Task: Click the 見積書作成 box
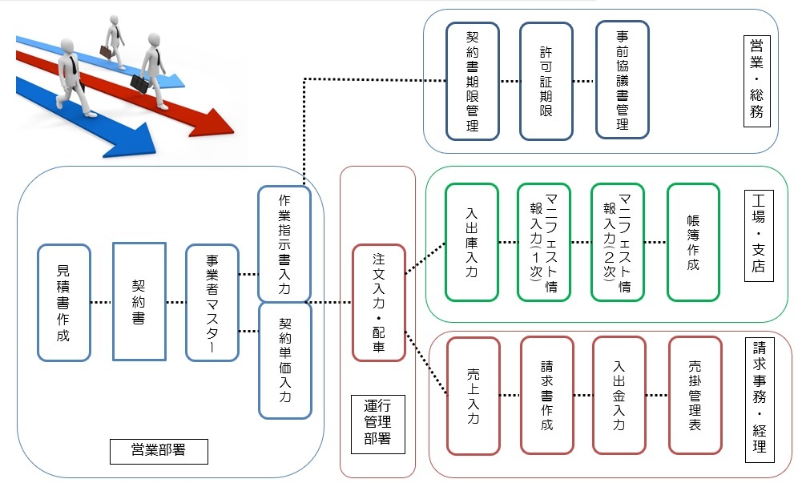[x=63, y=302]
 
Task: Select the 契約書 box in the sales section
[x=139, y=302]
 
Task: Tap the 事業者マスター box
[x=212, y=302]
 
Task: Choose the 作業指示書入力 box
[x=284, y=244]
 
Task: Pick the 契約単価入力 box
[x=284, y=360]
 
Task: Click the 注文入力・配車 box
[x=379, y=302]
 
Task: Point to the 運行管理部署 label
[x=378, y=424]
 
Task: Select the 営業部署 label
[x=159, y=450]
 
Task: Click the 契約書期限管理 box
[x=473, y=80]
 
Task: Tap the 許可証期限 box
[x=546, y=80]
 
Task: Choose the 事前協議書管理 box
[x=622, y=80]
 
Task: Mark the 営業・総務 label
[x=756, y=80]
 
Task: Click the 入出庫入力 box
[x=473, y=242]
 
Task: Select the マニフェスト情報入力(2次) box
[x=618, y=242]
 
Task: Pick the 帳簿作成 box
[x=693, y=242]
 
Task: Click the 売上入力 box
[x=473, y=396]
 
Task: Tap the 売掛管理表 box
[x=694, y=396]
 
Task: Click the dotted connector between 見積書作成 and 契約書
[x=102, y=302]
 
